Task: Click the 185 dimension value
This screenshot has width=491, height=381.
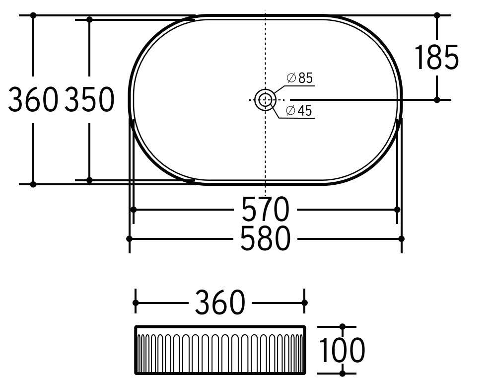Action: [x=436, y=58]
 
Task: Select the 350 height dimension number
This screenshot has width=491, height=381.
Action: [x=90, y=99]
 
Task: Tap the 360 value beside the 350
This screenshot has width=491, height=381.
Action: [x=33, y=99]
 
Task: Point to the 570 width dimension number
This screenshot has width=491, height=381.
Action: [x=265, y=209]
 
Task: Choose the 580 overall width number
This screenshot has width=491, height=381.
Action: [x=265, y=239]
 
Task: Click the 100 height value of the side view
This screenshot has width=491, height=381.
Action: [x=342, y=350]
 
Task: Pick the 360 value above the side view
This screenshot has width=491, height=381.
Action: [x=220, y=303]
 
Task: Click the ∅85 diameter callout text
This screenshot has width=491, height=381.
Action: [x=299, y=78]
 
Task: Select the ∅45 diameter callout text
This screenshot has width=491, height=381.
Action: [x=299, y=111]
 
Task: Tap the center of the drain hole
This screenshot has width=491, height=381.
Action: [x=265, y=99]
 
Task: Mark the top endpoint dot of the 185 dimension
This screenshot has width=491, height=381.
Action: [x=437, y=15]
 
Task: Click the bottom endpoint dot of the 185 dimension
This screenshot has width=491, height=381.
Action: [x=437, y=100]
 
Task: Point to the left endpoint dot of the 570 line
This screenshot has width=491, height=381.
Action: [x=133, y=210]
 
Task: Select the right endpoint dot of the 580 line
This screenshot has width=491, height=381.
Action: [x=401, y=239]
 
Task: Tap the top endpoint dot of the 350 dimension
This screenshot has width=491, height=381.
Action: [x=89, y=20]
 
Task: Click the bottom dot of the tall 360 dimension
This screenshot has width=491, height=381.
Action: [x=33, y=184]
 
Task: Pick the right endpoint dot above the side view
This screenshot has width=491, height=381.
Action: [x=305, y=303]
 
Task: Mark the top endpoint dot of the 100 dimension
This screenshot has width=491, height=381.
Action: [x=342, y=327]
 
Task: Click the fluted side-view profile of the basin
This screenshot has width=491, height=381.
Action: [x=220, y=350]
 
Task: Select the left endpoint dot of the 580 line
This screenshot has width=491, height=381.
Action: [x=130, y=239]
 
